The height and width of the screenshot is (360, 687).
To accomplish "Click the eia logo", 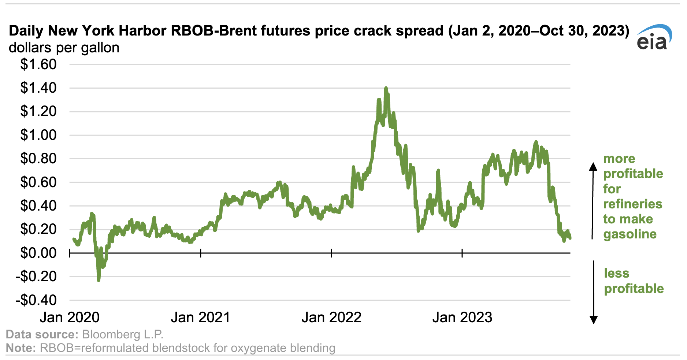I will (654, 37).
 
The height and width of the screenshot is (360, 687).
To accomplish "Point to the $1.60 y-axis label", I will (38, 64).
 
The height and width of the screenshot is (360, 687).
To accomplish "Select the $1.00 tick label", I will (38, 135).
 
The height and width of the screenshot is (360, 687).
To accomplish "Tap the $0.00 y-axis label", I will (38, 253).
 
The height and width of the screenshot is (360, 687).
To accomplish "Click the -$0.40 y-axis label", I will (36, 300).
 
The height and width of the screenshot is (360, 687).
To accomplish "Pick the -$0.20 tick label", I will (36, 277).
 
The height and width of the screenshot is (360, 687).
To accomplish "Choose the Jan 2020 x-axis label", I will (70, 317).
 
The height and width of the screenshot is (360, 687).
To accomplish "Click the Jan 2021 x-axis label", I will (200, 317).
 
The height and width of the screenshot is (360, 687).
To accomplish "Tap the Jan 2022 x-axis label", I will (331, 317).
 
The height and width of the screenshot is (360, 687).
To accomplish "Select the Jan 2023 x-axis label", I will (462, 317).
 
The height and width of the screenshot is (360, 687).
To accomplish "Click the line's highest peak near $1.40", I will (386, 88).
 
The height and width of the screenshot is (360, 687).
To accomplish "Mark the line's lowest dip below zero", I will (99, 280).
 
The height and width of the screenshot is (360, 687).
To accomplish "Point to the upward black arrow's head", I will (593, 166).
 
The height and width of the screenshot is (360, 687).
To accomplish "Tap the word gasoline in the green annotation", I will (630, 234).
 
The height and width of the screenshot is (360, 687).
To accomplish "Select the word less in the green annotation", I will (617, 273).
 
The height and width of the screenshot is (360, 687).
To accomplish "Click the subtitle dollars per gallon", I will (64, 48).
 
